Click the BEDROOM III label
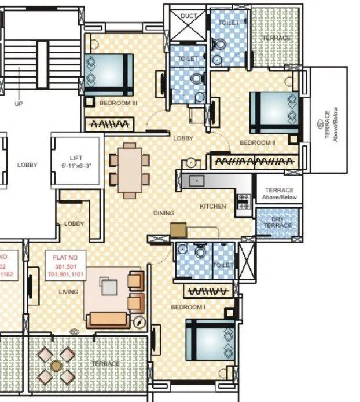pos(118,103)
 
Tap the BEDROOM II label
pos(257,142)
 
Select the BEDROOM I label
pos(188,307)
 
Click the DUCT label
pos(189,16)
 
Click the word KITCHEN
pos(212,206)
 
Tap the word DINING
pos(164,213)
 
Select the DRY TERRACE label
pos(278,222)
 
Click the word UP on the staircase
pos(19,105)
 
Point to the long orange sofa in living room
pos(108,319)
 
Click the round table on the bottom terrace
pos(56,366)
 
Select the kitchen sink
pos(196,181)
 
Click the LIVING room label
pos(68,292)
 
